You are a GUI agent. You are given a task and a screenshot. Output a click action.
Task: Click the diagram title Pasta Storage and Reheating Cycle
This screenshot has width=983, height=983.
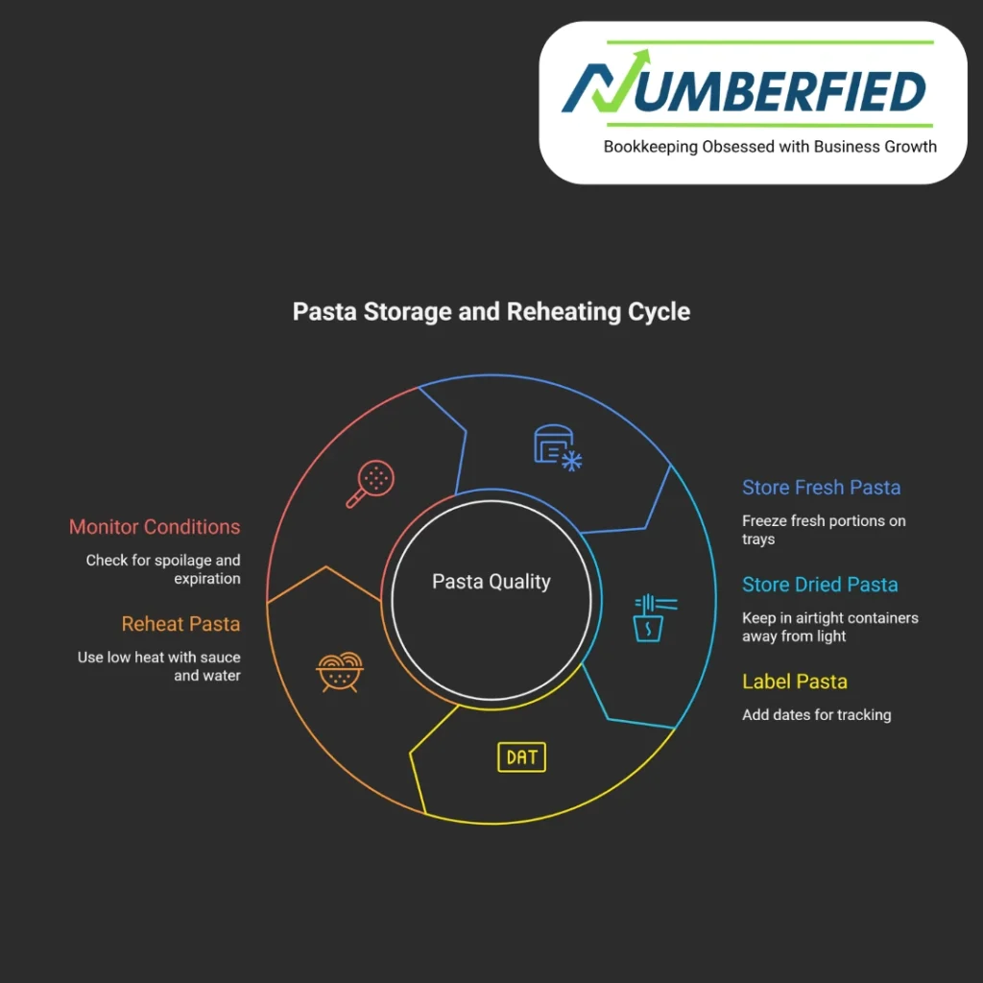[491, 313]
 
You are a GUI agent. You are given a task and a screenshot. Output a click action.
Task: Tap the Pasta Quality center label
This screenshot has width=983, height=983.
[491, 582]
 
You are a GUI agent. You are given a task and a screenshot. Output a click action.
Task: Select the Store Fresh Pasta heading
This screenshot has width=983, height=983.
[821, 488]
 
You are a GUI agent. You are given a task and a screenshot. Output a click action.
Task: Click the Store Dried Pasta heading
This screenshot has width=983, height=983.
[820, 585]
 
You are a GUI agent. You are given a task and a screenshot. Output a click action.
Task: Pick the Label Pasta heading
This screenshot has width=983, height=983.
[794, 682]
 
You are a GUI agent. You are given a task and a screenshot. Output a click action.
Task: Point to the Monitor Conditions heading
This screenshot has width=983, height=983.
[155, 527]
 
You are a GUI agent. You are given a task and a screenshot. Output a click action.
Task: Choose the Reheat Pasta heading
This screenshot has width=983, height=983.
[180, 624]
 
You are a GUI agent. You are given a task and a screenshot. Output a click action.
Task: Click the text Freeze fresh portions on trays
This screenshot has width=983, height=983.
[823, 530]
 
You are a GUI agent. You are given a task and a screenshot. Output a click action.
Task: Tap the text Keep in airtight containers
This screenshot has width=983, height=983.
[829, 618]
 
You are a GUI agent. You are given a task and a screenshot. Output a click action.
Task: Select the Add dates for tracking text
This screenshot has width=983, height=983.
[816, 714]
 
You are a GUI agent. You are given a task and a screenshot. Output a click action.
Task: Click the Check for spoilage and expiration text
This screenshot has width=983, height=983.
[163, 569]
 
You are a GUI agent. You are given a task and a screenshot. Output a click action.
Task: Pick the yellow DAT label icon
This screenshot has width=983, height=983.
[521, 756]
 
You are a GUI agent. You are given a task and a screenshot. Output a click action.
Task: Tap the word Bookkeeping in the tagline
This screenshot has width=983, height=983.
[651, 147]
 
